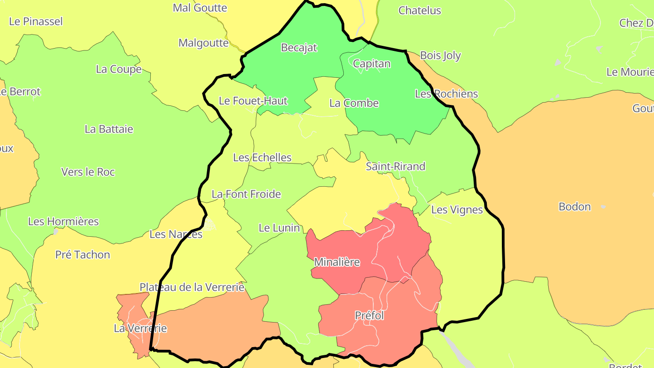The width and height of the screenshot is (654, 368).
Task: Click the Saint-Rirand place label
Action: pos(396,166)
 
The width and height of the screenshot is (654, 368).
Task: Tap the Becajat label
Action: pos(299,47)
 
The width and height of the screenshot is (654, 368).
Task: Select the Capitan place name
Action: pos(372,64)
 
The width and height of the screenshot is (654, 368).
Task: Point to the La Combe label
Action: pos(354,103)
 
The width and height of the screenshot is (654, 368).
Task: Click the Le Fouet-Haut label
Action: pos(253,101)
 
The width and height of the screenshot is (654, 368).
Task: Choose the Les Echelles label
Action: pos(262,158)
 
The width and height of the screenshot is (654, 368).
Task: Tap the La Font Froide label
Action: pos(246,194)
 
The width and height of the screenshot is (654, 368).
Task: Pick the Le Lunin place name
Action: pos(279,228)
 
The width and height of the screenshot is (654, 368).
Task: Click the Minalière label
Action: pos(337,262)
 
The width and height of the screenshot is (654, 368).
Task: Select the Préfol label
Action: pos(369,315)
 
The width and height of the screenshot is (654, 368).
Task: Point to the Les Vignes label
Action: pos(457,210)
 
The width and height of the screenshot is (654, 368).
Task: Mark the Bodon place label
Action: pos(575,207)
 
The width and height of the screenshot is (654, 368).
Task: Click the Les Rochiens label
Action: pos(446,94)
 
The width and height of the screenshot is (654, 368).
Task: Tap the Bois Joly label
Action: pos(440,55)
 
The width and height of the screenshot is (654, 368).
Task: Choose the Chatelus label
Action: pos(420,10)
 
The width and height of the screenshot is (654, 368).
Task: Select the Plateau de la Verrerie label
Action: pos(192,287)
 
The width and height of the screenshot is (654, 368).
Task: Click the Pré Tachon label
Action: pos(83,255)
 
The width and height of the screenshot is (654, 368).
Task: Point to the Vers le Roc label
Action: pos(88,172)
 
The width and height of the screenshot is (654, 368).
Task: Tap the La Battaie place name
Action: pos(109,129)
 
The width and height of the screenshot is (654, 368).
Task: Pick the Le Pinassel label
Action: pos(36,21)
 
